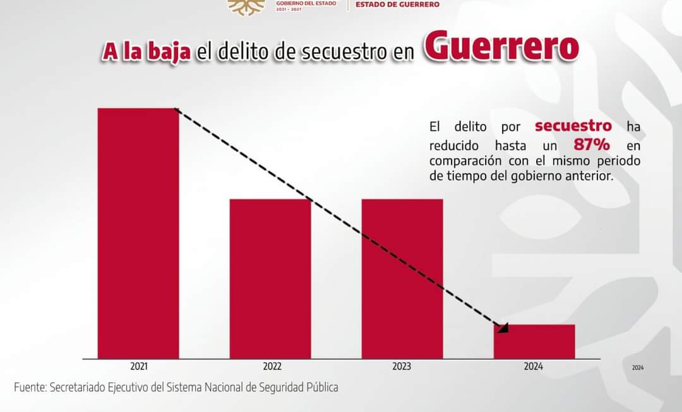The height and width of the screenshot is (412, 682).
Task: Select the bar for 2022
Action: (270, 278)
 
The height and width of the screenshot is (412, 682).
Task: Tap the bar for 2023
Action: (402, 278)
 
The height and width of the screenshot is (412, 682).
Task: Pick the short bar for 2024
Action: (534, 341)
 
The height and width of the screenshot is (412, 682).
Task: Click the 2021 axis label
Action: (139, 367)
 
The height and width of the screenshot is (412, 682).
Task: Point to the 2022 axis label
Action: (272, 367)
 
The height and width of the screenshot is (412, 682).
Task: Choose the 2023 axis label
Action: (402, 367)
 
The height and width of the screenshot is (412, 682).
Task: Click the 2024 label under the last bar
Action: (534, 367)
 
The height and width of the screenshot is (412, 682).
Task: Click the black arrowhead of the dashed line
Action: (503, 327)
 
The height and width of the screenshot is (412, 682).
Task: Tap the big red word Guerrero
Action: (501, 47)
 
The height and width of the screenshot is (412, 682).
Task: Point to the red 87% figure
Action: (592, 144)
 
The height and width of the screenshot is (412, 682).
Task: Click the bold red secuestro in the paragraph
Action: (573, 126)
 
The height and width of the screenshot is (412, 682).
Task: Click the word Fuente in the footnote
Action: (30, 387)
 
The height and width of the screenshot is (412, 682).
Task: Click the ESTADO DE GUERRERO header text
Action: (398, 4)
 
